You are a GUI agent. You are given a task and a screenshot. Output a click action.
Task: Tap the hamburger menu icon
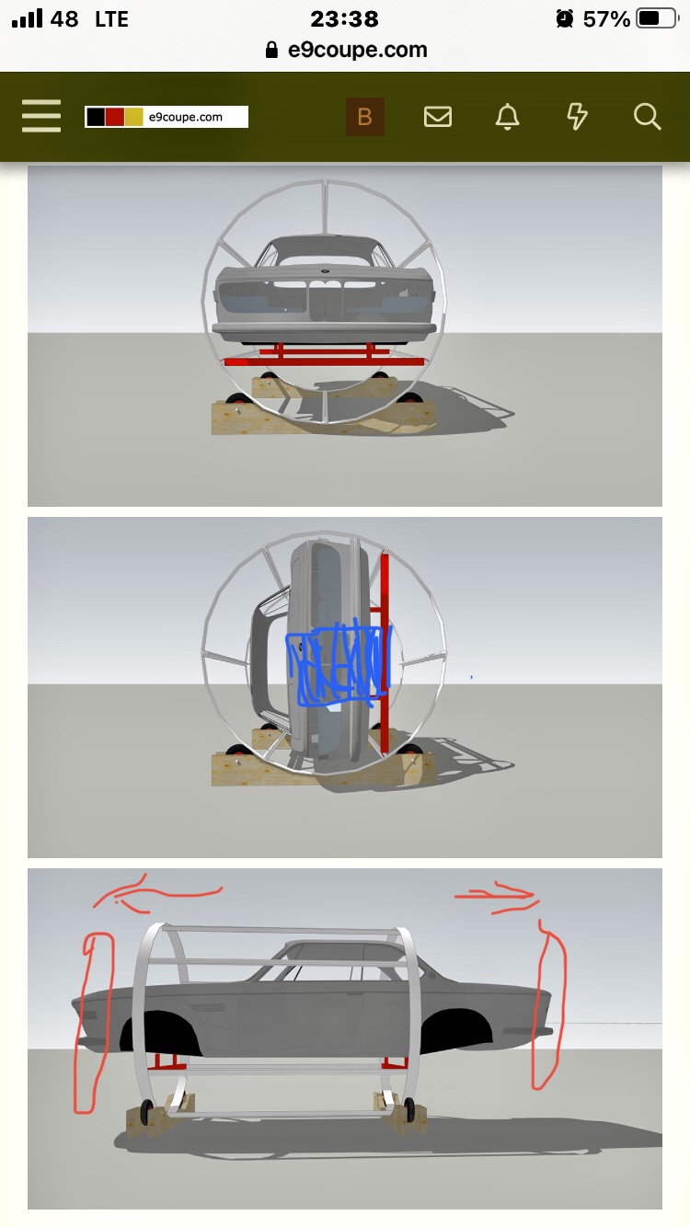41,116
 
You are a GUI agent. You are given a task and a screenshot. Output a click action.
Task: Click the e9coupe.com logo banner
167,117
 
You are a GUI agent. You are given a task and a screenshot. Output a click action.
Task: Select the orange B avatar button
365,117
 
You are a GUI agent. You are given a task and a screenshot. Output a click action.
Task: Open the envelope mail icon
438,117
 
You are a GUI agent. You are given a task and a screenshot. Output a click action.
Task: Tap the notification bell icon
508,116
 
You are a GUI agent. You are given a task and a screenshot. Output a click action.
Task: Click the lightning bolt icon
577,117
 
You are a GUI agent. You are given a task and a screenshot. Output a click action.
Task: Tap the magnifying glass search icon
648,117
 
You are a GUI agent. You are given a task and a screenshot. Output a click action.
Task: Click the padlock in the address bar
271,50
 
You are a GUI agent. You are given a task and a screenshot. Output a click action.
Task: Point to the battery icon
657,18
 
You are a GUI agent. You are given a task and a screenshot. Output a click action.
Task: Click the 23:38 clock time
344,19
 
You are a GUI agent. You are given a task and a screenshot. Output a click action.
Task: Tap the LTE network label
112,19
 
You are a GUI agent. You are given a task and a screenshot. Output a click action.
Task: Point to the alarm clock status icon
565,18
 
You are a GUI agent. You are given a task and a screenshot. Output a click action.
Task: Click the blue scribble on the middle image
339,662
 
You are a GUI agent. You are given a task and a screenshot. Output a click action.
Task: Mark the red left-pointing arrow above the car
159,893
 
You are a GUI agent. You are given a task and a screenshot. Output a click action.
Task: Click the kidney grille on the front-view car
325,299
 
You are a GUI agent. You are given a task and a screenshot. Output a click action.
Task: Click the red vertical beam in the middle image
385,652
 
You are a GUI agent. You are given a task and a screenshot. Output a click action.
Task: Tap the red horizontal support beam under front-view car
324,361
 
